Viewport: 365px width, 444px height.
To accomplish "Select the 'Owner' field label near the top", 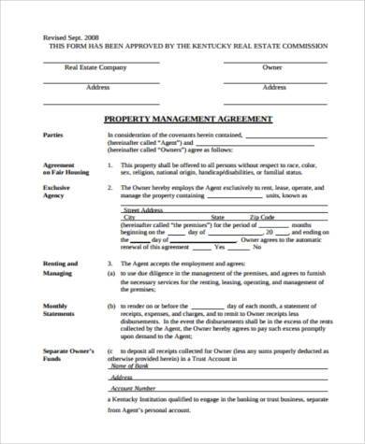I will (272, 67).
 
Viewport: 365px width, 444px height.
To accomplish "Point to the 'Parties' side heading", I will (55, 136).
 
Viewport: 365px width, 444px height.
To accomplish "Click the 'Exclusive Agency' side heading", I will (58, 192).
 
